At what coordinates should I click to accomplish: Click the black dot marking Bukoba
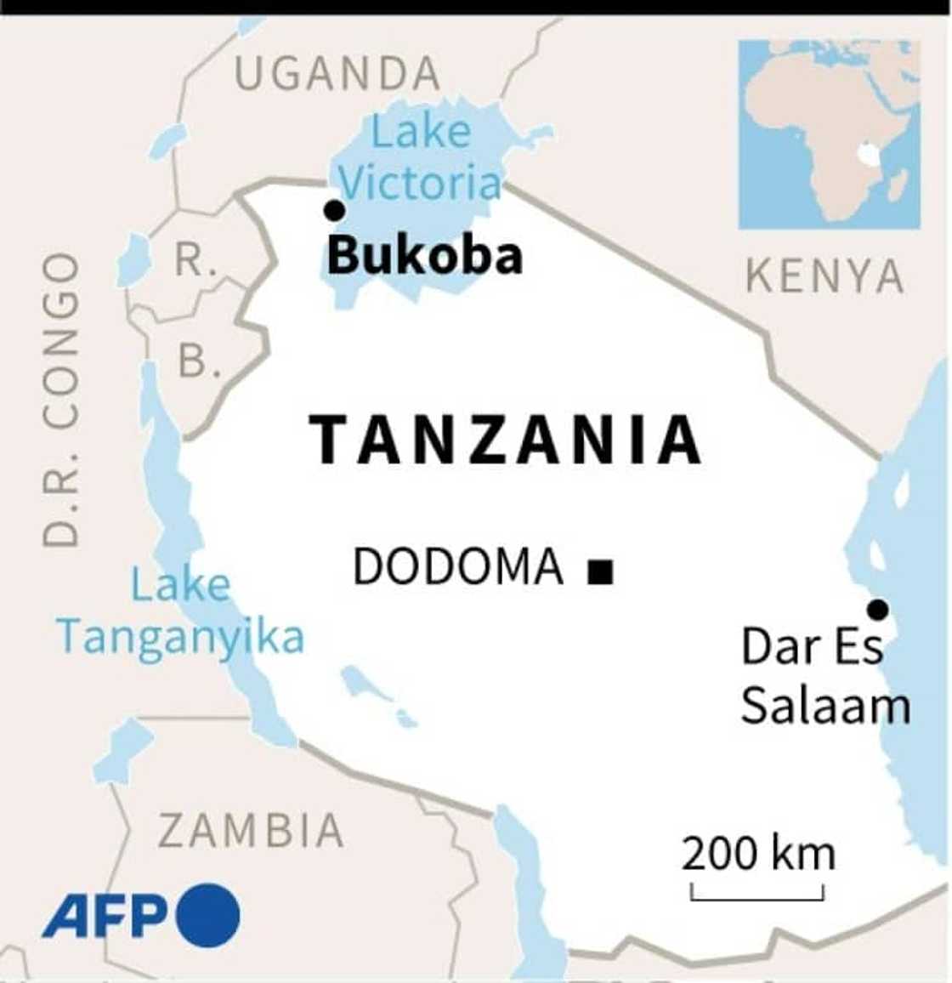(x=335, y=210)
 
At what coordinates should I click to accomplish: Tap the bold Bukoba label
(x=424, y=255)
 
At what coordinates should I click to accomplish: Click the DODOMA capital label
(x=458, y=567)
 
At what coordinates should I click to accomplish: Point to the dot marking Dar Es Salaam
(x=877, y=610)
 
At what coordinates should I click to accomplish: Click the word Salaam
(x=825, y=706)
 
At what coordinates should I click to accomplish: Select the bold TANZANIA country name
(x=506, y=440)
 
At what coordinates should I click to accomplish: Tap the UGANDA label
(x=337, y=74)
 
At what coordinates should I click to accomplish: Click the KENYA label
(x=824, y=277)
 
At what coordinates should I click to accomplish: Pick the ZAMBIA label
(x=252, y=831)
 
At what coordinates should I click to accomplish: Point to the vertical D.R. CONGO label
(x=61, y=400)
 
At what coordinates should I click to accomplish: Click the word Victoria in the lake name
(x=421, y=184)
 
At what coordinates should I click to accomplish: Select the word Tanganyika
(x=180, y=637)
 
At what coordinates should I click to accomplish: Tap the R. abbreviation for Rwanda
(x=194, y=259)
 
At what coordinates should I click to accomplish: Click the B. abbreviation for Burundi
(x=198, y=362)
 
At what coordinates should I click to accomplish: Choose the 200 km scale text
(x=757, y=853)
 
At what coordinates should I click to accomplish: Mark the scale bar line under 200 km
(x=757, y=896)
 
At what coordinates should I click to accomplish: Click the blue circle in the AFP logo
(x=208, y=914)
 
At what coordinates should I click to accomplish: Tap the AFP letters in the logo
(x=106, y=916)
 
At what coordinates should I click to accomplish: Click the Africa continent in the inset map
(x=816, y=136)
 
